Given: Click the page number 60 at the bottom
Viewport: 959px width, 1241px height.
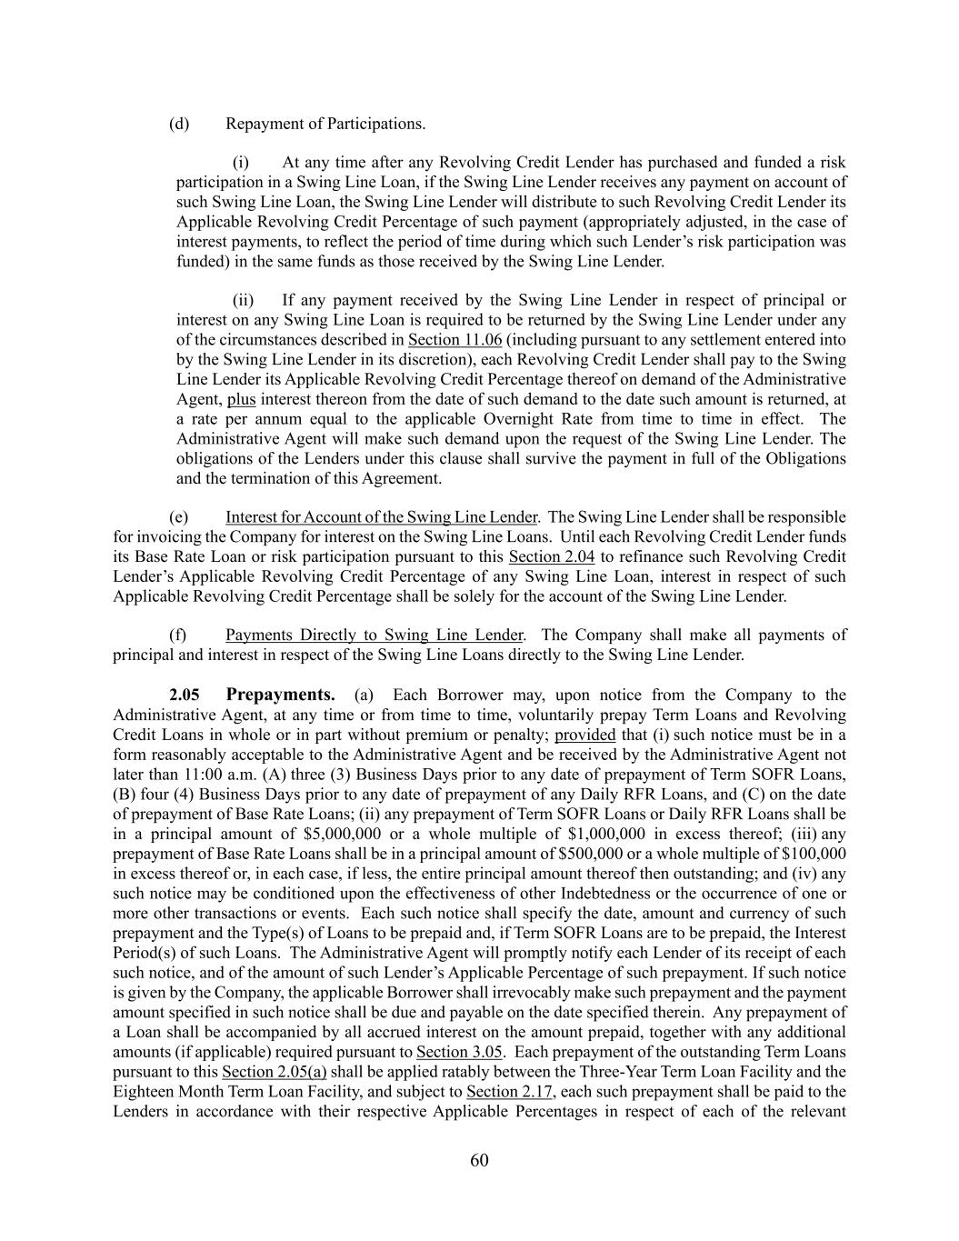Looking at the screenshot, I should [479, 1160].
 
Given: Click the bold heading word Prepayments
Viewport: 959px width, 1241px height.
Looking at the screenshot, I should [280, 696].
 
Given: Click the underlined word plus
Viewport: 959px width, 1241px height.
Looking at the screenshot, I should [241, 399].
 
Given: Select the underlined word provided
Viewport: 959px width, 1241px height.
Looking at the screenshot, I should [584, 735].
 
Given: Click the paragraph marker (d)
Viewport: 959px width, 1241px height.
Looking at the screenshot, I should [179, 124].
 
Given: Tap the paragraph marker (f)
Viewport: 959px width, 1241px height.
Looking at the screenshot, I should [179, 635].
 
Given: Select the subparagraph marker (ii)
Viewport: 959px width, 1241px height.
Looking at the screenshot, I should [243, 300].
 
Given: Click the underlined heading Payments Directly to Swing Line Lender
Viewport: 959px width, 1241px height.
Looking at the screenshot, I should [374, 635].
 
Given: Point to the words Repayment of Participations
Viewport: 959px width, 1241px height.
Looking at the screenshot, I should [325, 124].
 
